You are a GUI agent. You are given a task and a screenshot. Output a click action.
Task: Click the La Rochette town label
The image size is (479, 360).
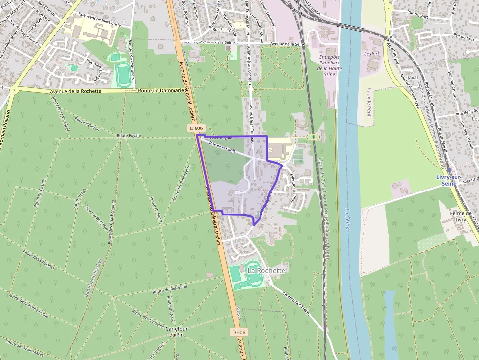click(266, 270)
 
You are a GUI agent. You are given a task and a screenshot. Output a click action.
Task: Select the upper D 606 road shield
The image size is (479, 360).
click(196, 128)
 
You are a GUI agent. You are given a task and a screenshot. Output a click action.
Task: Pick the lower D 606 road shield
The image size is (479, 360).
click(239, 332)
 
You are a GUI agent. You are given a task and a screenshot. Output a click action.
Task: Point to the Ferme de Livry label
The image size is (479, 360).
click(461, 216)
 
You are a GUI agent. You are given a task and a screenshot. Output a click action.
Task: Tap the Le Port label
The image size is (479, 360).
click(371, 54)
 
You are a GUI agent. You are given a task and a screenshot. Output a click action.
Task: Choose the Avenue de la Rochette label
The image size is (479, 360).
click(75, 91)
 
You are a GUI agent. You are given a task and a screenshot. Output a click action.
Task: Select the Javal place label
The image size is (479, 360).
click(413, 77)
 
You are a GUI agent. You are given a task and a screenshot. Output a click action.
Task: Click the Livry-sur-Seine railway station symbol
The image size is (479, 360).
click(449, 170)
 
